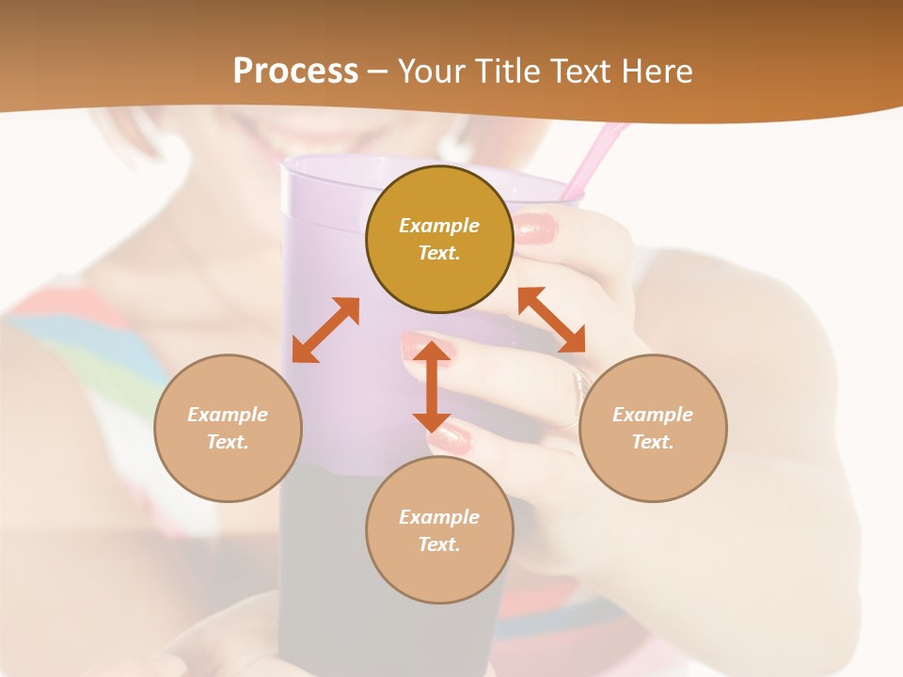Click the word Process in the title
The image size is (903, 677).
point(295,71)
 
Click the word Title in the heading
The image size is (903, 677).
point(503,71)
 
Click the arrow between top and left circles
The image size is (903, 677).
point(325,330)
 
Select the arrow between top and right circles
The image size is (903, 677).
point(552,320)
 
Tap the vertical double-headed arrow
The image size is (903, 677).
point(432,386)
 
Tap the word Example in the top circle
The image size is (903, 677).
point(439,226)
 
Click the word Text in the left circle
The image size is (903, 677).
point(228,442)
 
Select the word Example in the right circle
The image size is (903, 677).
point(653,415)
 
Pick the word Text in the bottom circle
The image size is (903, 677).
point(439,544)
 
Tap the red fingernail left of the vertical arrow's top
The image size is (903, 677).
point(415,348)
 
